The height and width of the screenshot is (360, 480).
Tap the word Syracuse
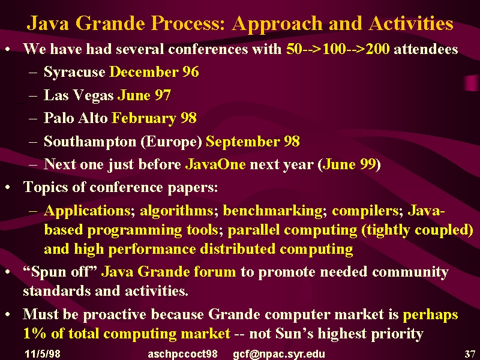pyautogui.click(x=74, y=72)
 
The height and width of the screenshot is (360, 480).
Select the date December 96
pyautogui.click(x=154, y=71)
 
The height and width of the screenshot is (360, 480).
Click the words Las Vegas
pyautogui.click(x=79, y=95)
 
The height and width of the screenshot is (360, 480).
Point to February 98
pyautogui.click(x=154, y=118)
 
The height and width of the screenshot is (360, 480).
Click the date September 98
pyautogui.click(x=253, y=142)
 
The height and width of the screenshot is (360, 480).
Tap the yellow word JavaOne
pyautogui.click(x=215, y=164)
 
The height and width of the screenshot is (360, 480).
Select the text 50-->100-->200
pyautogui.click(x=338, y=49)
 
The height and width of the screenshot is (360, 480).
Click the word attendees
pyautogui.click(x=426, y=49)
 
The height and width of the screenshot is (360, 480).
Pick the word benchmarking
pyautogui.click(x=273, y=211)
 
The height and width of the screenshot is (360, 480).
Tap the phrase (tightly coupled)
pyautogui.click(x=418, y=230)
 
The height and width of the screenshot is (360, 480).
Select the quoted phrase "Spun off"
pyautogui.click(x=60, y=272)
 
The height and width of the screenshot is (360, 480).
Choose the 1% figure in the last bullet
pyautogui.click(x=35, y=334)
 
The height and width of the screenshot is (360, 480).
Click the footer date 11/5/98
pyautogui.click(x=43, y=354)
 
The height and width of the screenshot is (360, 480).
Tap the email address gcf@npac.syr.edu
pyautogui.click(x=279, y=354)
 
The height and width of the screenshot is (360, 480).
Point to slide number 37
pyautogui.click(x=470, y=354)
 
